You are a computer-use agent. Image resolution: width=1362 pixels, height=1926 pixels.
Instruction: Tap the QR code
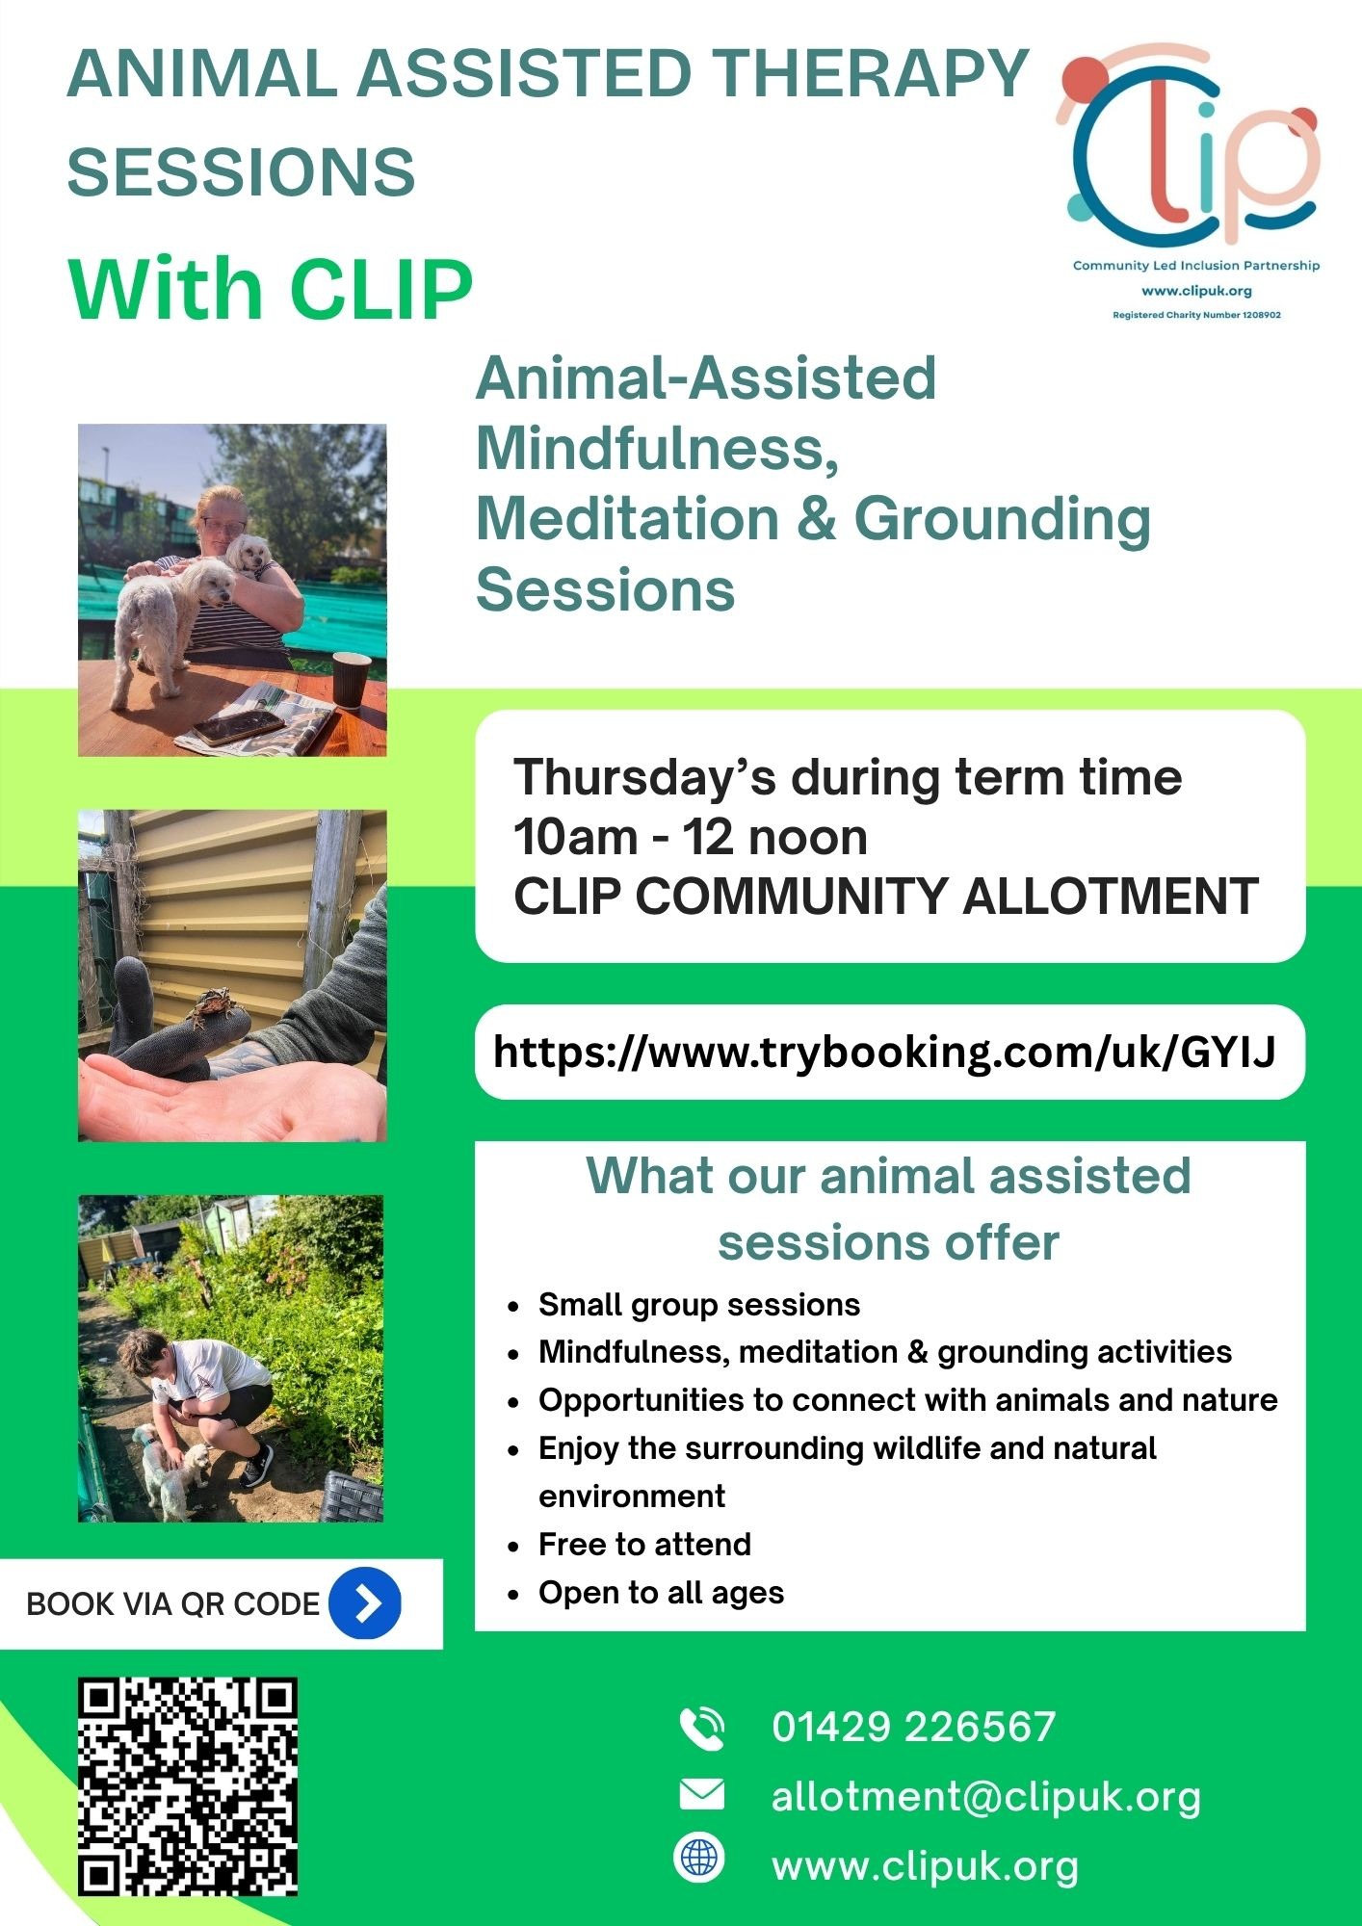tap(188, 1786)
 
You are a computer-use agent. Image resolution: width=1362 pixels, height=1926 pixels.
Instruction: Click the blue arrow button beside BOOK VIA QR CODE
tap(365, 1603)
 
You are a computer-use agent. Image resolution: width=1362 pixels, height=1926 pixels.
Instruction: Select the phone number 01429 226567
tap(914, 1728)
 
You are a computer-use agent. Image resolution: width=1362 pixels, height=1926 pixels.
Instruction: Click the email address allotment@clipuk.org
tap(986, 1797)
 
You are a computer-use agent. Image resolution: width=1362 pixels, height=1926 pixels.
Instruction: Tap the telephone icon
tap(702, 1729)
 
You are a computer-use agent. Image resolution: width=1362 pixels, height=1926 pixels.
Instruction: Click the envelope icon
tap(701, 1794)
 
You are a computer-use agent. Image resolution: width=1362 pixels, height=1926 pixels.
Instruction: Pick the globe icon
tap(699, 1858)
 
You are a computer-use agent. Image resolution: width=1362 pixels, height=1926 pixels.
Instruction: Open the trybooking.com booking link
tap(884, 1052)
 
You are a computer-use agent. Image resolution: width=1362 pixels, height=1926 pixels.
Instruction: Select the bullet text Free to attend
tap(644, 1545)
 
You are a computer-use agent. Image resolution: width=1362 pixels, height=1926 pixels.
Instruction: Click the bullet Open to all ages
tap(662, 1593)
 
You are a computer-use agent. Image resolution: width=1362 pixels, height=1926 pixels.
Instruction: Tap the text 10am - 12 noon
tap(691, 837)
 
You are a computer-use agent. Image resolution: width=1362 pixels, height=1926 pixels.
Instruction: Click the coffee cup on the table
tap(352, 680)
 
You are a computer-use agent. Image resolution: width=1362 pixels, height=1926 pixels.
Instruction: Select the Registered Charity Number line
tap(1196, 315)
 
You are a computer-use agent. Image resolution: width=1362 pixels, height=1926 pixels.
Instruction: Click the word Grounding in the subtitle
tap(1003, 520)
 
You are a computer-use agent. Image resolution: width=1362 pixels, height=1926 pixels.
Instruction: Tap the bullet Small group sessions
tap(699, 1305)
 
